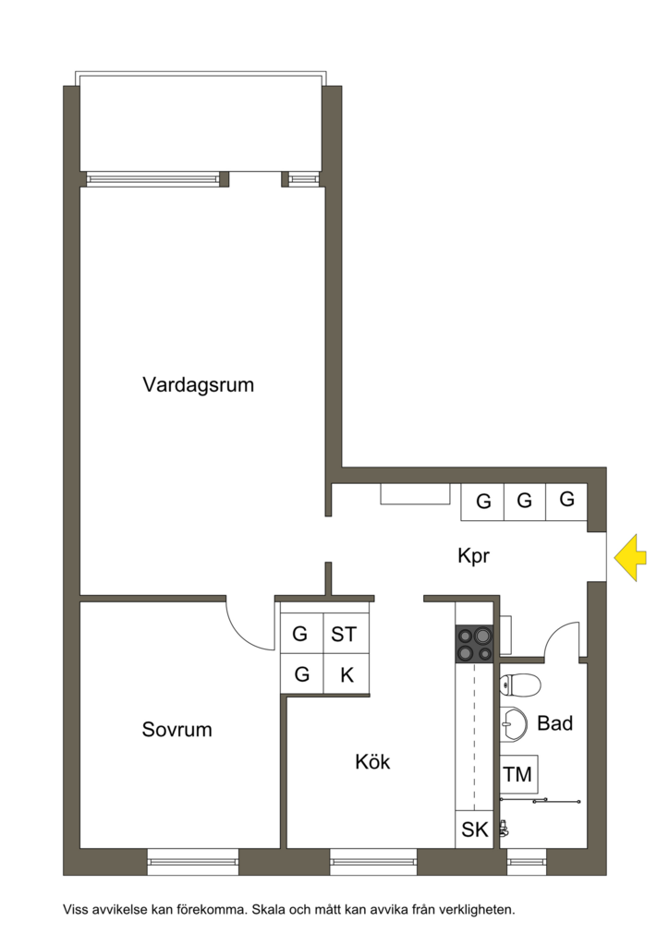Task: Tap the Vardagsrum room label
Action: pos(198,384)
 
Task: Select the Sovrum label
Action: pos(176,730)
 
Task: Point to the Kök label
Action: pos(372,762)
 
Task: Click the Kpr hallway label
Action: pos(473,556)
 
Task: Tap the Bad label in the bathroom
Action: pos(554,723)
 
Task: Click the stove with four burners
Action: pos(474,643)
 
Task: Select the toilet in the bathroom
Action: pos(519,685)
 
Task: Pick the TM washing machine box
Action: pos(518,774)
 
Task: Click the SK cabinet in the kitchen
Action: pos(475,830)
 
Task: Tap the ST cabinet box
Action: pos(344,635)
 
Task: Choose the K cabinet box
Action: pos(347,675)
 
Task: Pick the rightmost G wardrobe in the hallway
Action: pos(567,500)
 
